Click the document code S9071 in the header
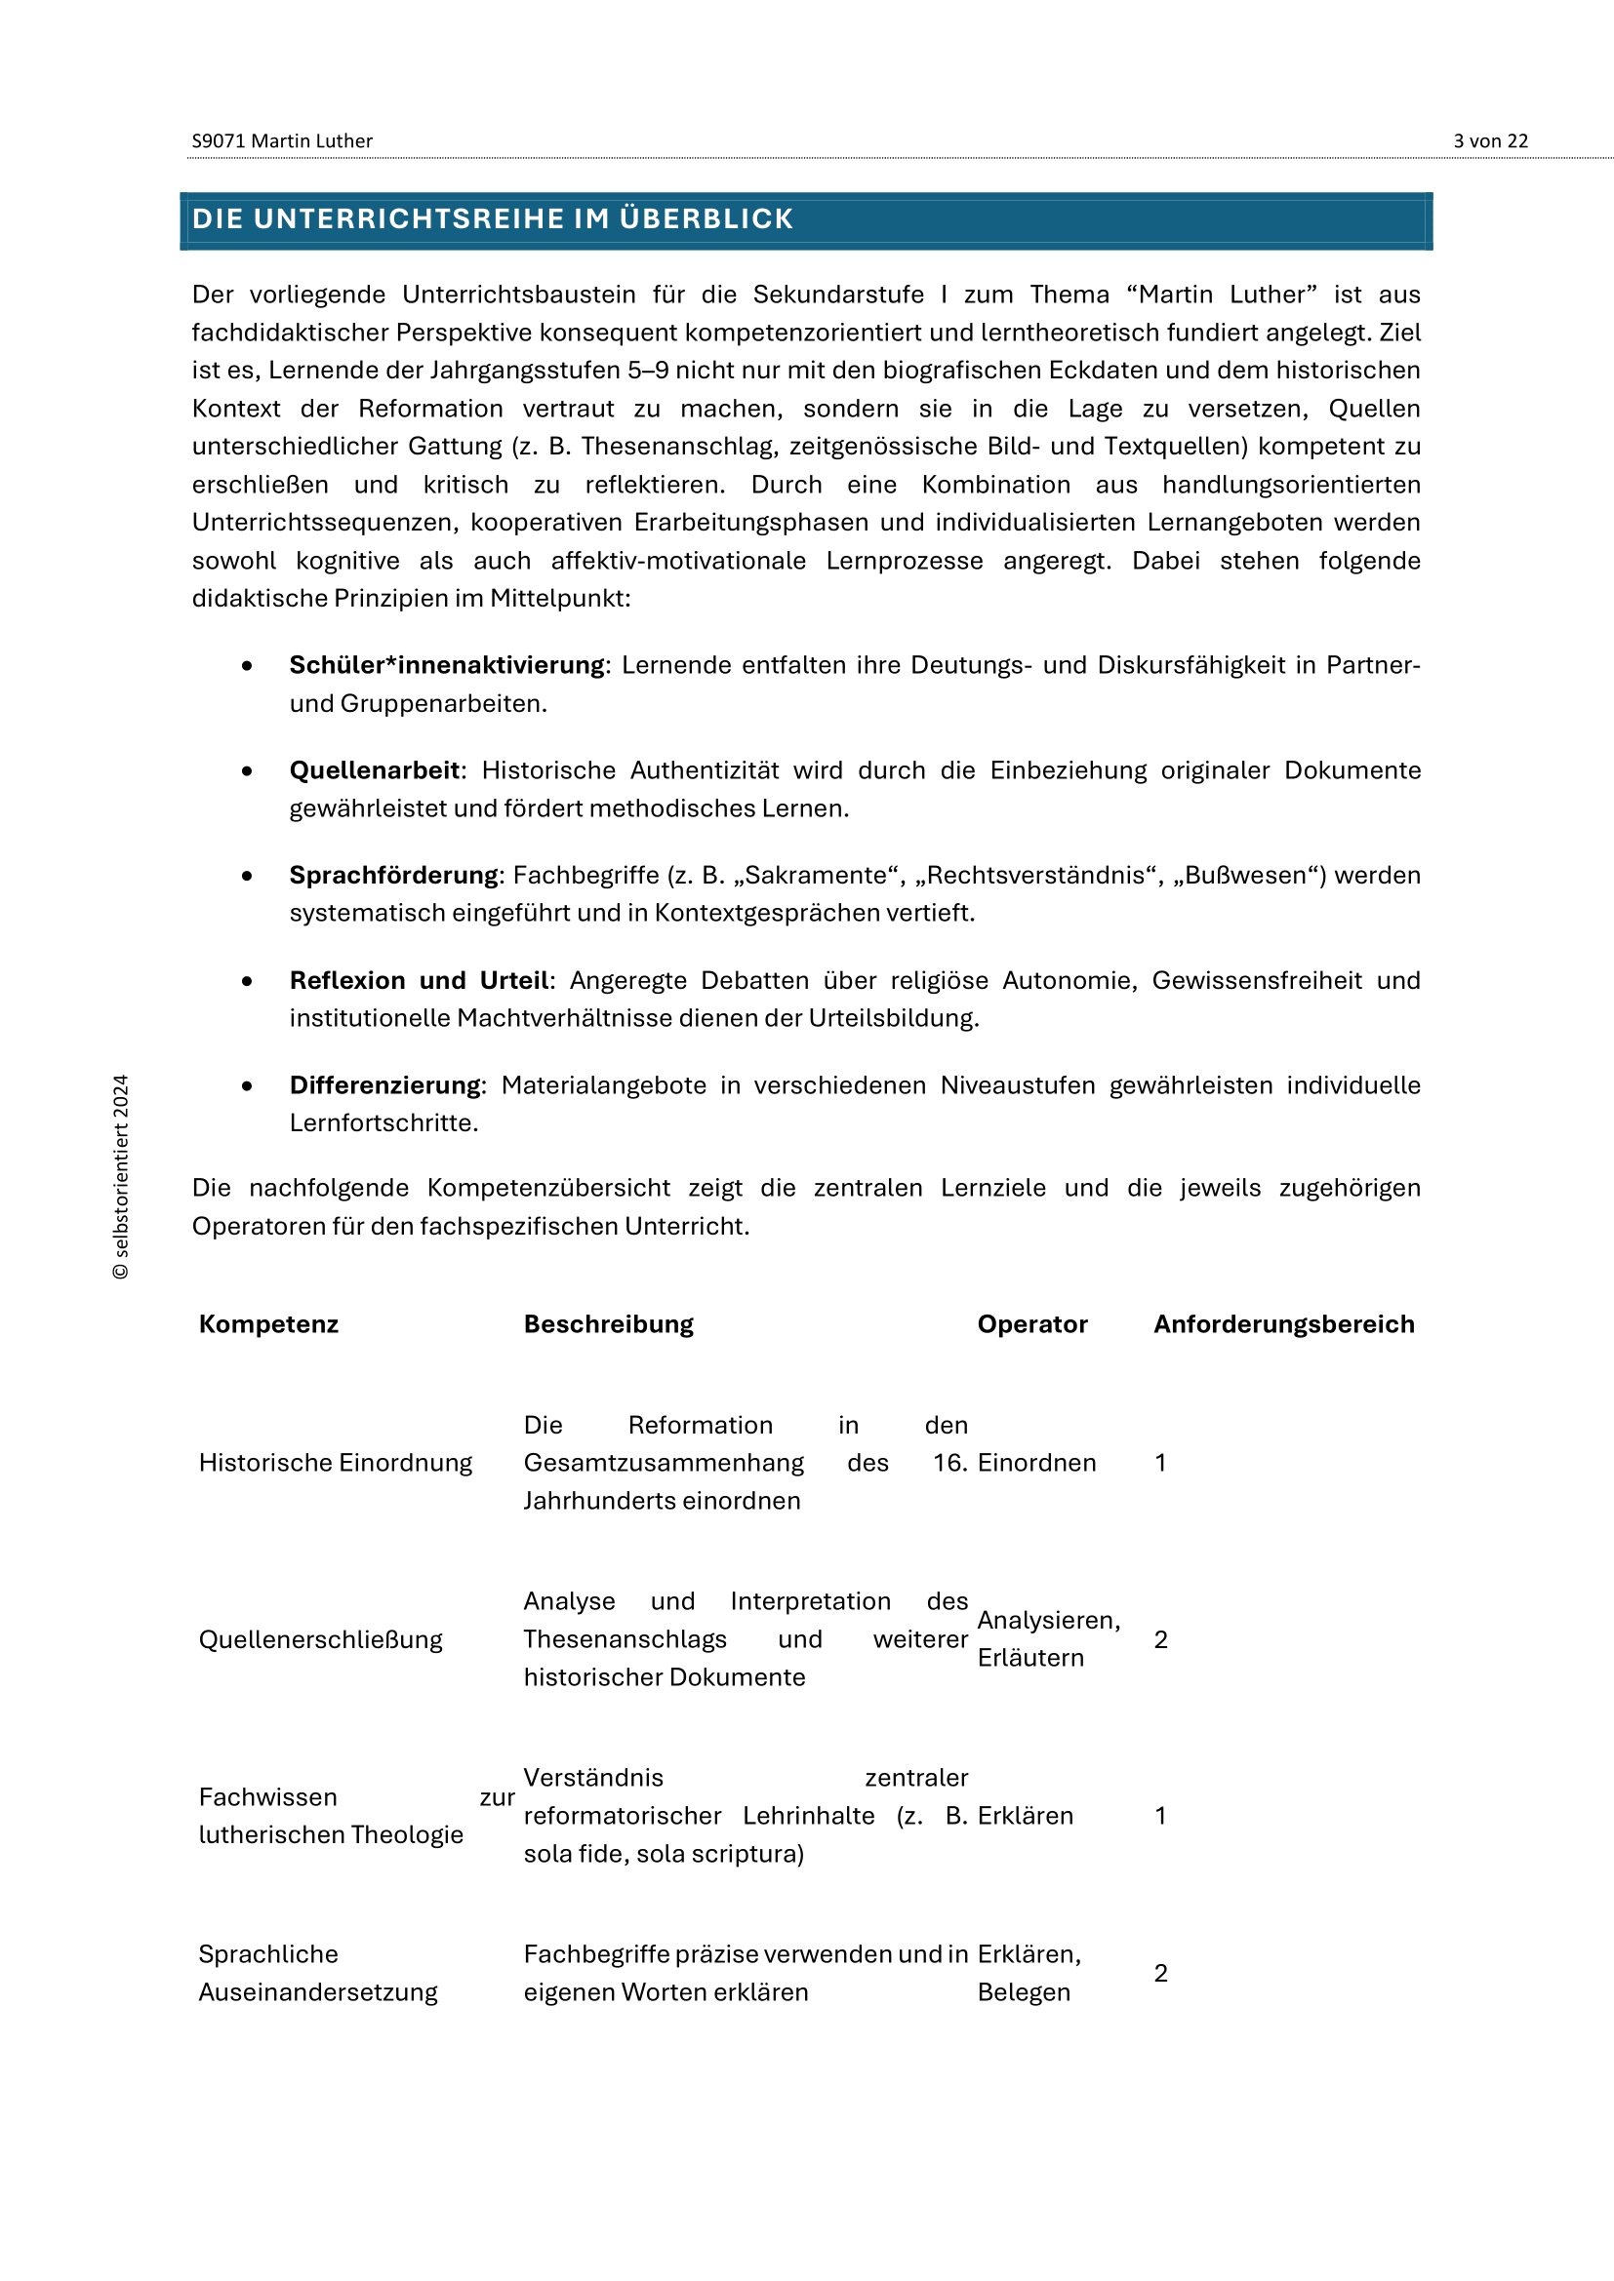coord(219,141)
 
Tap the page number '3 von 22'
coord(1490,141)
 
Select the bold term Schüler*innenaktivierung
coord(446,665)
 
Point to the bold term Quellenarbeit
coord(374,770)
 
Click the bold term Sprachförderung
coord(393,875)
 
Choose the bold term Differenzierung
coord(384,1084)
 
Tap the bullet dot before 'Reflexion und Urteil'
coord(247,982)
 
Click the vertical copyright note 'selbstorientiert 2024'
coord(121,1176)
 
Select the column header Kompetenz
coord(268,1324)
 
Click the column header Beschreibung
coord(608,1324)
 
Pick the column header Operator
coord(1032,1324)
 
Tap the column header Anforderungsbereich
coord(1284,1324)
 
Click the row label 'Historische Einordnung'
coord(335,1463)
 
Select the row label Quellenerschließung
coord(320,1639)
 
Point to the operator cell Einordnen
coord(1036,1463)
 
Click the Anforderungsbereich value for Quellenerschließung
coord(1161,1639)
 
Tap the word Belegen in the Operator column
coord(1024,1992)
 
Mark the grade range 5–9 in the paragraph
coord(648,371)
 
